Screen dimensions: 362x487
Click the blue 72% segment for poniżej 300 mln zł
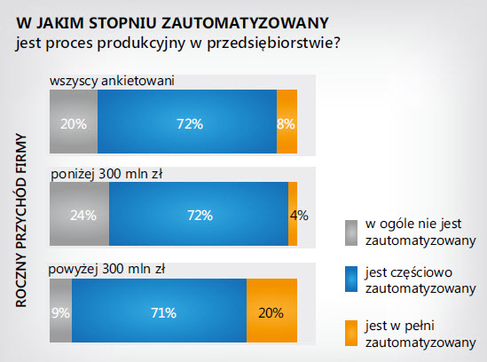pyautogui.click(x=198, y=213)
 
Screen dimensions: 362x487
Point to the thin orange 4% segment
pyautogui.click(x=293, y=213)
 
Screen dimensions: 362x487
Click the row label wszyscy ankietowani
pyautogui.click(x=112, y=82)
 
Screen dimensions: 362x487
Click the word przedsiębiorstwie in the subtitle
pyautogui.click(x=267, y=42)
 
